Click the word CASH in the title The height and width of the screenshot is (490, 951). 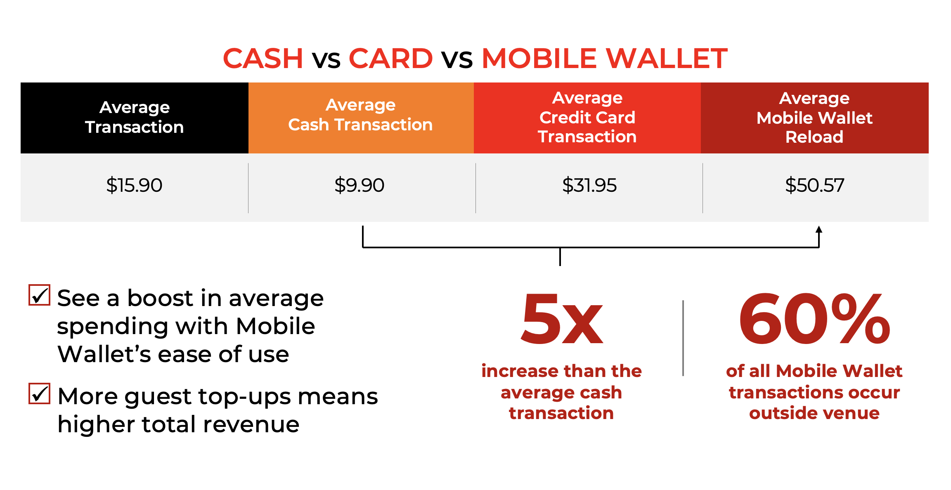[263, 58]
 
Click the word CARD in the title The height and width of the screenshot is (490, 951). [390, 58]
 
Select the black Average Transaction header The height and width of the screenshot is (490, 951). [134, 118]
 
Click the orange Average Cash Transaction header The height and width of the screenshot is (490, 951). [360, 115]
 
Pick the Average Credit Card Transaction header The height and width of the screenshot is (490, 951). [587, 118]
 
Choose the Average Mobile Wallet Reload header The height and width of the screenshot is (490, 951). [814, 118]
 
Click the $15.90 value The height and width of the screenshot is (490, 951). [134, 185]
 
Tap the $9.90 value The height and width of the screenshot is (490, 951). [359, 185]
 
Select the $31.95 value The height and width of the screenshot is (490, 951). [589, 185]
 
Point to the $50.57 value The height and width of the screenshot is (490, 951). [814, 185]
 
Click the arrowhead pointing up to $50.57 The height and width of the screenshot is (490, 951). [819, 230]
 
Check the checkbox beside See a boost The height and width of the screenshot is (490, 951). [39, 295]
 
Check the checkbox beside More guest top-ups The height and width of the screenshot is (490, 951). [39, 393]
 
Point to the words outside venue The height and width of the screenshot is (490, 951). [814, 413]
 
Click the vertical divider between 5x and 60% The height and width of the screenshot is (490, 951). [683, 338]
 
